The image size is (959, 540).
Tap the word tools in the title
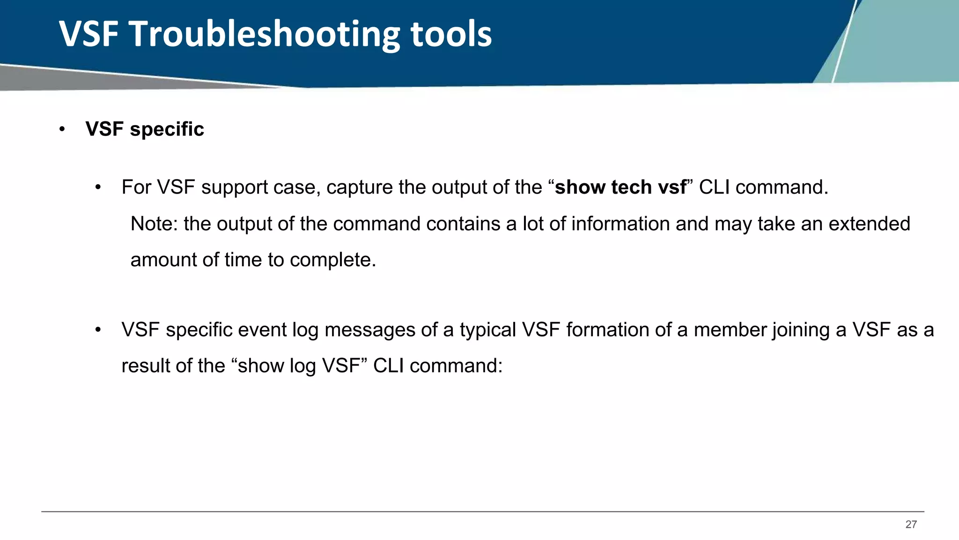click(451, 35)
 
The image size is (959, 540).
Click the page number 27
click(911, 525)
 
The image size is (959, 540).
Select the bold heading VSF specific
click(145, 129)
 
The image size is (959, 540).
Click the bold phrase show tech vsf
click(620, 187)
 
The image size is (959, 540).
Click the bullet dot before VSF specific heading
click(62, 129)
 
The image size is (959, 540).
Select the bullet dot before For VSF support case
click(98, 188)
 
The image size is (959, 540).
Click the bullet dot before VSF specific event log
click(98, 330)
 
